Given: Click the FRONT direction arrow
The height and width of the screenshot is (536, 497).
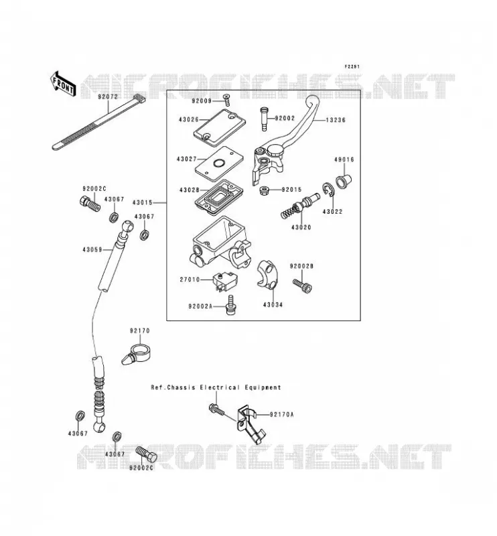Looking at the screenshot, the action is point(62,84).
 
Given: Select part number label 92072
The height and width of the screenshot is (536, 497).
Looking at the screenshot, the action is point(108,96).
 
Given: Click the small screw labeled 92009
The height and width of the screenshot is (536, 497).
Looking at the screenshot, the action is point(226,100).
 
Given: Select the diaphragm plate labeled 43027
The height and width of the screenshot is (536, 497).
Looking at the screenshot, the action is point(219,163).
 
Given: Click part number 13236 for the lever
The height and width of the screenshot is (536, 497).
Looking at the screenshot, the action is point(336,120).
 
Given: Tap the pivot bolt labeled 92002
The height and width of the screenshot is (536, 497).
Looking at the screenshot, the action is point(263,119).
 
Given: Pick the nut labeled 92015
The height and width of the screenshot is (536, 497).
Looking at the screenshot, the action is point(265,190).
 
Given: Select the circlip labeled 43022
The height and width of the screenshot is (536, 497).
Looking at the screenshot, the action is point(328,190).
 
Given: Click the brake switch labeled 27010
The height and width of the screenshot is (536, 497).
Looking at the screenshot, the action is point(224,281).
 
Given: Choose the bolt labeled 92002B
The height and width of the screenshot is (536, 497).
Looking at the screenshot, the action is point(302,286).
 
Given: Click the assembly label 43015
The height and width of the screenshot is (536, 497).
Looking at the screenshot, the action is point(142,203).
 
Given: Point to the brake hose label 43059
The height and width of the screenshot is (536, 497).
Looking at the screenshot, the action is point(92,250).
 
